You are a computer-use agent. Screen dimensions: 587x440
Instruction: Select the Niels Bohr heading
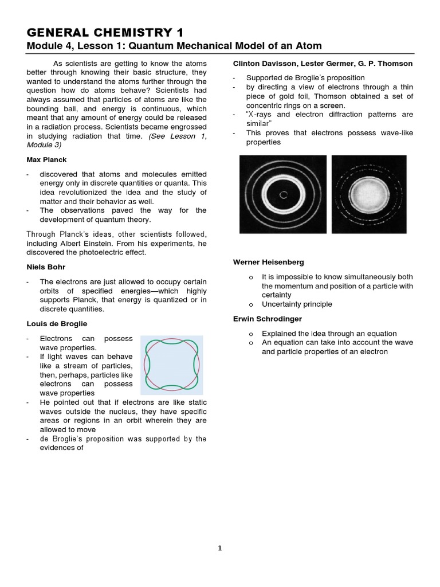[x=46, y=267]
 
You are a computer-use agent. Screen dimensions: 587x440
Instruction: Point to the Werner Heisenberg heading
[x=268, y=262]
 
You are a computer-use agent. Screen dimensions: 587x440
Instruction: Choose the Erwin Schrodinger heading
[x=267, y=319]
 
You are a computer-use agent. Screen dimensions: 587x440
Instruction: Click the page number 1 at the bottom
[x=220, y=548]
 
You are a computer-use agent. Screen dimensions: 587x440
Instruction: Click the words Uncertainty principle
[x=297, y=304]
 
